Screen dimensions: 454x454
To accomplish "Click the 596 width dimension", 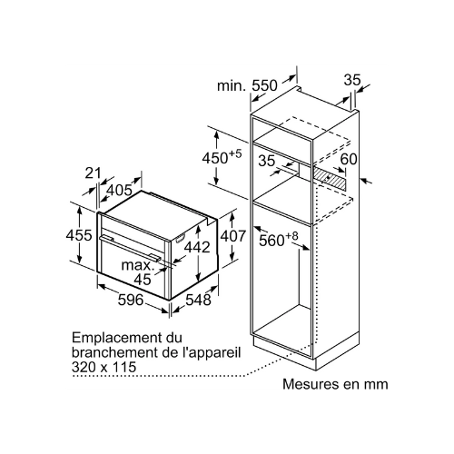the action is (131, 301).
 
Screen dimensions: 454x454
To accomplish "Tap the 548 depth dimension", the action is (198, 300).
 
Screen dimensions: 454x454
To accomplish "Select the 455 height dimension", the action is (79, 235).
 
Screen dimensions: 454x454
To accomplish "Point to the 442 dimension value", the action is (197, 247).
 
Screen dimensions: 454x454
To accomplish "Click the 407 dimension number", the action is (232, 236).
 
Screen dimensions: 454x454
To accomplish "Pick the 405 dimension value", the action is (120, 191).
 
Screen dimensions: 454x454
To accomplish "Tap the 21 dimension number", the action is (93, 173).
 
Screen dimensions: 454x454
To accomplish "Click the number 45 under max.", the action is (143, 280).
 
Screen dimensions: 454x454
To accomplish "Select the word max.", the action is (138, 265).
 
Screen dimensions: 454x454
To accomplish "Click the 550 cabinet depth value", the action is (265, 85).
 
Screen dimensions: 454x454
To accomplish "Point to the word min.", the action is (232, 85).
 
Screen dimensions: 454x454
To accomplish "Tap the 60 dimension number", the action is (349, 159).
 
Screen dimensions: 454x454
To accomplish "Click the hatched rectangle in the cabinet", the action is (329, 179).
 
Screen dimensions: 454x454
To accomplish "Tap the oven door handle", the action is (130, 247).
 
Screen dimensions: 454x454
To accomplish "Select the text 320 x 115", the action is (104, 367).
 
